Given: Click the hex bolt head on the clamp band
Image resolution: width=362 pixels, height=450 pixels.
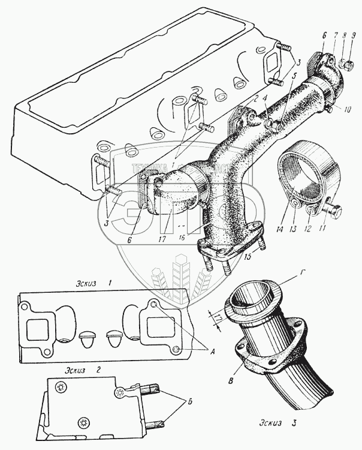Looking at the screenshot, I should tap(336, 212).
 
